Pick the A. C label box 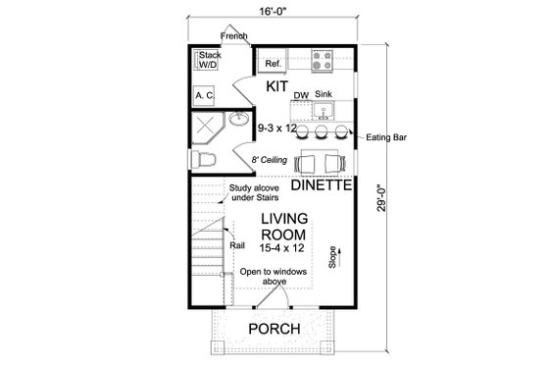tap(205, 95)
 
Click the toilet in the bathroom tap(210, 157)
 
